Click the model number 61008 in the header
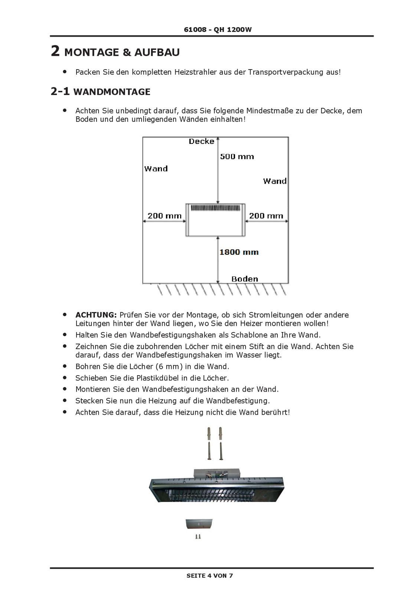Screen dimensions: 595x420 point(195,30)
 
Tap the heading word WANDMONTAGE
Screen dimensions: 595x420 point(112,92)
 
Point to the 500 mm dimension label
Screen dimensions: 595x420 point(237,157)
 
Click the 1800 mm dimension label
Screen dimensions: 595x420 point(239,252)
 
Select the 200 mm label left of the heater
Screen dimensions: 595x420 point(165,216)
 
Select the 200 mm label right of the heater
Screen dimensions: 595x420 point(266,216)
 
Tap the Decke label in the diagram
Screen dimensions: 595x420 point(201,141)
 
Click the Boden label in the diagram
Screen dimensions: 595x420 point(244,279)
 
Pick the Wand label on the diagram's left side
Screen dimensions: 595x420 point(156,169)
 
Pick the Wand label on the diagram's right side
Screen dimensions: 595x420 point(275,181)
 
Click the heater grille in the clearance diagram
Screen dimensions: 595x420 point(214,208)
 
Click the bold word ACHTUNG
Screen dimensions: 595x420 point(96,315)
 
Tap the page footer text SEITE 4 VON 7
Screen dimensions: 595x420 point(210,576)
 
